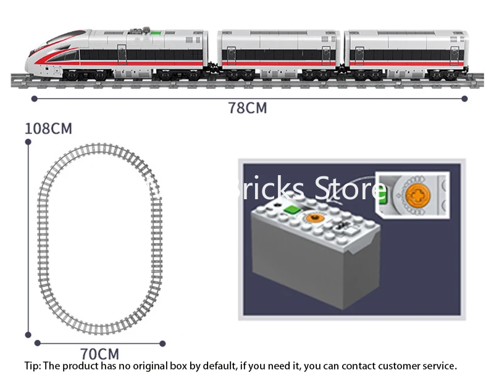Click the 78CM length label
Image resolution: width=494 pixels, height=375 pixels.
(x=247, y=108)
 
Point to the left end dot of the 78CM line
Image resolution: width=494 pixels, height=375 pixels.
(x=33, y=97)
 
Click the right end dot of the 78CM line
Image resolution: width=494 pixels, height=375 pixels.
(x=464, y=97)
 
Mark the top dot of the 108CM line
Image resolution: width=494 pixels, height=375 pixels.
(x=28, y=142)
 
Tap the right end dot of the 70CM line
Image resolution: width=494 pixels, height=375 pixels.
(x=163, y=342)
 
